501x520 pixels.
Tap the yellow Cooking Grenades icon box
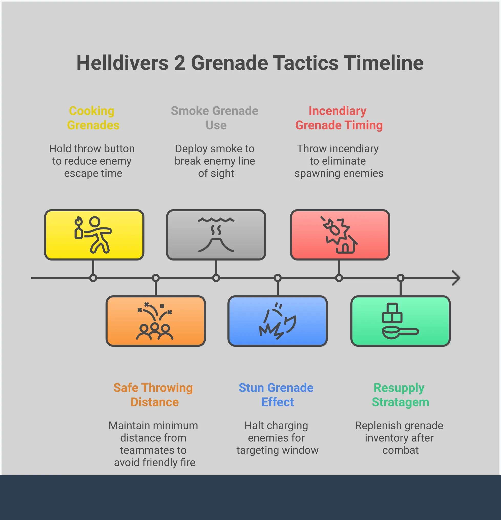pos(94,235)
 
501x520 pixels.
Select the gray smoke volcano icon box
pos(216,235)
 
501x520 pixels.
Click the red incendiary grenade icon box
pos(340,235)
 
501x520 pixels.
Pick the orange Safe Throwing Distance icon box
pos(155,321)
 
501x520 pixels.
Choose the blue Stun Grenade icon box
pos(278,321)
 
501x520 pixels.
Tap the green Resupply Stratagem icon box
pos(400,321)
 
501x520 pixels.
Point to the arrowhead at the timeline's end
pos(456,278)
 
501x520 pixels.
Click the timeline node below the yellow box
pos(93,278)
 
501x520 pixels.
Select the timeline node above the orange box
pos(155,278)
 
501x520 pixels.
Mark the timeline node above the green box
pos(400,278)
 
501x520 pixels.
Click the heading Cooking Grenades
pos(93,118)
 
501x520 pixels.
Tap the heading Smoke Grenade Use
pos(215,118)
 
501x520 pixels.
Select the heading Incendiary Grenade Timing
pos(339,118)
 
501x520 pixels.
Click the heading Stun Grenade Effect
pos(276,395)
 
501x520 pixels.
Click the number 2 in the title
pos(180,63)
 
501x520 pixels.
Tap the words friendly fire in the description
pos(169,462)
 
